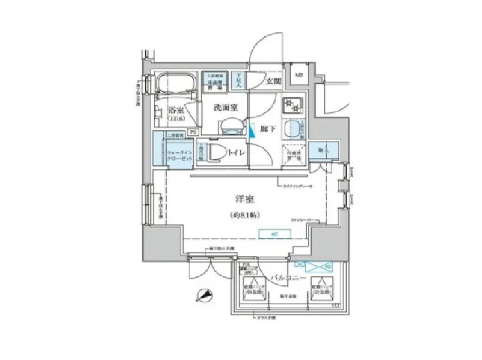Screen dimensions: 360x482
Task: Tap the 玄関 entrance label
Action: pyautogui.click(x=273, y=81)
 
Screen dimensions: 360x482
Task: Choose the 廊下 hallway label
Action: pyautogui.click(x=268, y=129)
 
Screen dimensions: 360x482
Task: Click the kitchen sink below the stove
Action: pyautogui.click(x=293, y=127)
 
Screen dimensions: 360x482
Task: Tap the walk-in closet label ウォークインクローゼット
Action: pyautogui.click(x=180, y=155)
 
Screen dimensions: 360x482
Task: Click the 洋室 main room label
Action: pyautogui.click(x=244, y=199)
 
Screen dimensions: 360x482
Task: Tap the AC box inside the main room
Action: pyautogui.click(x=272, y=233)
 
